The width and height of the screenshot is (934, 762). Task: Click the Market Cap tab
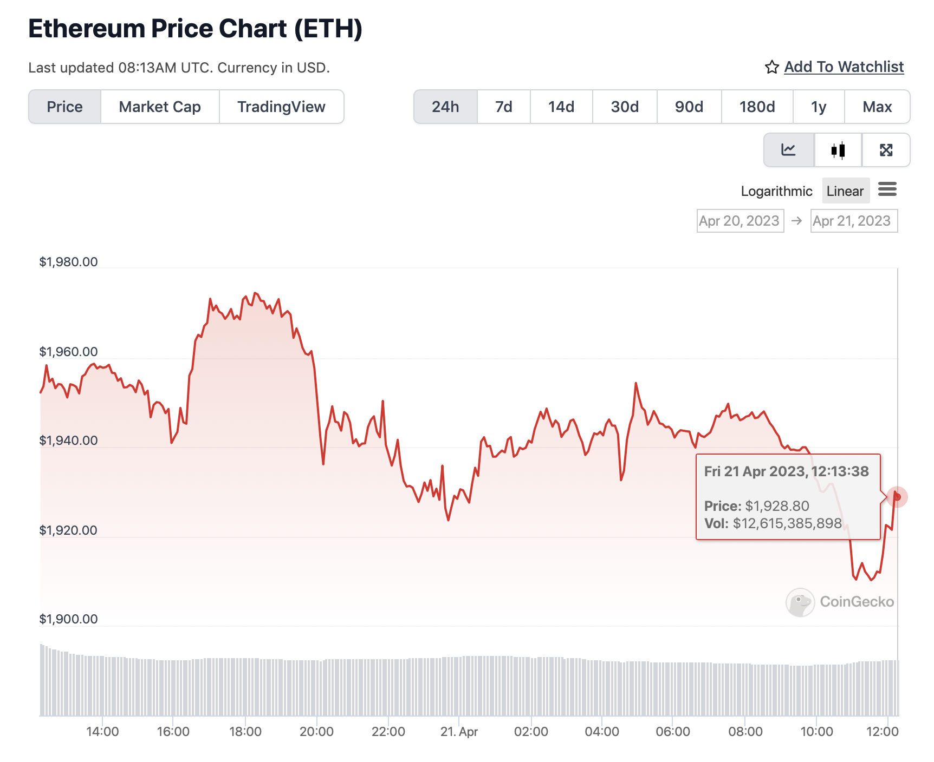[160, 107]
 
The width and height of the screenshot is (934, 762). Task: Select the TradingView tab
[281, 107]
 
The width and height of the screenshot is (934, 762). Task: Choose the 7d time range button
[503, 107]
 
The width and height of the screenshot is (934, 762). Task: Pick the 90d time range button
[689, 107]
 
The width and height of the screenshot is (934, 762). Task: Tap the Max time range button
[877, 107]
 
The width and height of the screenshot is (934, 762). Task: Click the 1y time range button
[818, 107]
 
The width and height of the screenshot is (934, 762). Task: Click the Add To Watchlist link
[844, 67]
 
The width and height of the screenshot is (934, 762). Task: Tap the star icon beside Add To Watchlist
[771, 67]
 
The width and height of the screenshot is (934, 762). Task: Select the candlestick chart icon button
[838, 150]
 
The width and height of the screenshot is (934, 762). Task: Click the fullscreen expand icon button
[886, 150]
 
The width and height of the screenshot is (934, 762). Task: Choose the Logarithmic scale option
[776, 191]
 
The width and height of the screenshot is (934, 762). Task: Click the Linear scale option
[845, 191]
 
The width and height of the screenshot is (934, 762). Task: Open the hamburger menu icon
[887, 189]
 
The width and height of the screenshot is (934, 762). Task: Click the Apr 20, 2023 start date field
[740, 221]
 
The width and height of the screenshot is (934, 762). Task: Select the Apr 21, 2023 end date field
[853, 221]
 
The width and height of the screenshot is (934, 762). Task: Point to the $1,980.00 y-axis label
[68, 262]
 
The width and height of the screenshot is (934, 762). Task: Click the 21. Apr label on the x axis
[459, 732]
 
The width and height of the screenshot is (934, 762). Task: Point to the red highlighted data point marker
[897, 496]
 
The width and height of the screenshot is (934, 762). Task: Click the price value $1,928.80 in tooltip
[777, 506]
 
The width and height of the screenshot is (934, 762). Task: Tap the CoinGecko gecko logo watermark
[800, 602]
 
